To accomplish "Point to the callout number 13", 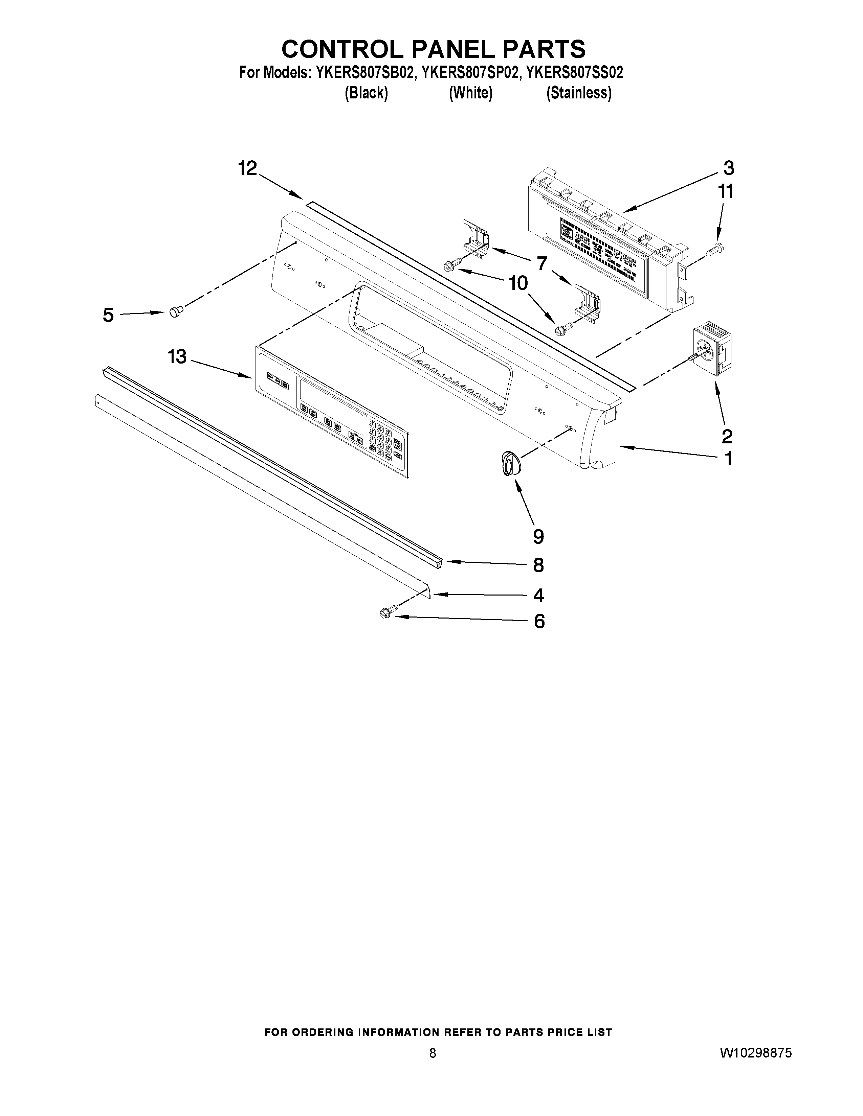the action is pyautogui.click(x=177, y=357).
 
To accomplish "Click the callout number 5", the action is pyautogui.click(x=108, y=315).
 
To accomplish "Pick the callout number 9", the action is pyautogui.click(x=538, y=537).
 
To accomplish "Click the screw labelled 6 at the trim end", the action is pyautogui.click(x=386, y=613).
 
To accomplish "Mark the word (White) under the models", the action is pyautogui.click(x=470, y=93).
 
